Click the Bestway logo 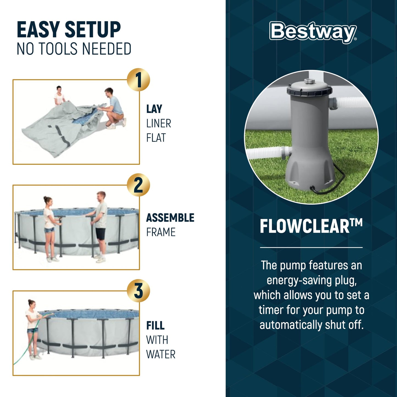point(313,32)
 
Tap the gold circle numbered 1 point(138,80)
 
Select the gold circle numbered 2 point(138,185)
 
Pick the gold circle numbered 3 point(138,291)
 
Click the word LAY point(154,109)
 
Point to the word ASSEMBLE point(170,218)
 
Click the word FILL point(155,326)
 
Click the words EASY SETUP point(69,30)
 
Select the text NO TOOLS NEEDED point(74,49)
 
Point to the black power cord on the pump point(327,184)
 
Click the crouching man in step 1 point(114,109)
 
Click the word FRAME point(161,232)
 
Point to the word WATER point(161,354)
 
